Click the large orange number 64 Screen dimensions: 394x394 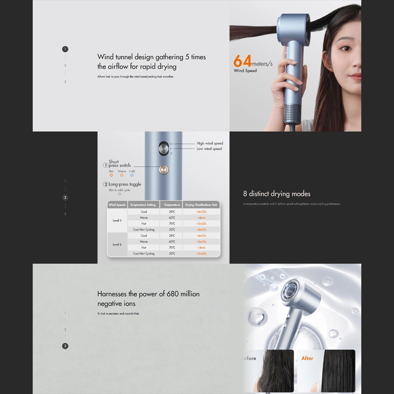point(242,61)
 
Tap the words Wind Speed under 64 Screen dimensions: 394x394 point(245,71)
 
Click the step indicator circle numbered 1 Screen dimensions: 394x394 point(65,49)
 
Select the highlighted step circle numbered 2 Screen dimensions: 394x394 point(65,197)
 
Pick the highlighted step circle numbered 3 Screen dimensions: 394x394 point(65,346)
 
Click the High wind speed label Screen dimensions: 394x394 point(210,143)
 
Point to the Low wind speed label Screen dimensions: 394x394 point(209,149)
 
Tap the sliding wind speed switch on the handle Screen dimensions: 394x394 point(163,149)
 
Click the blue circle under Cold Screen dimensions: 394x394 point(132,175)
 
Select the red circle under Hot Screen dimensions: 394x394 point(111,175)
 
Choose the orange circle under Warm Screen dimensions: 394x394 point(122,175)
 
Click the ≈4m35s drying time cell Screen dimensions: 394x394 point(201,212)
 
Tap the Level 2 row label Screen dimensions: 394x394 point(117,245)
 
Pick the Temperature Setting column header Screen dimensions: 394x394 point(143,205)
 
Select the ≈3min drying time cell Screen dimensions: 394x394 point(201,247)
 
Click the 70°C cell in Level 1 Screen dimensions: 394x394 point(172,223)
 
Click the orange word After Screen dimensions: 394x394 point(307,358)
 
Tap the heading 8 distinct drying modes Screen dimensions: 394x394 point(277,194)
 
